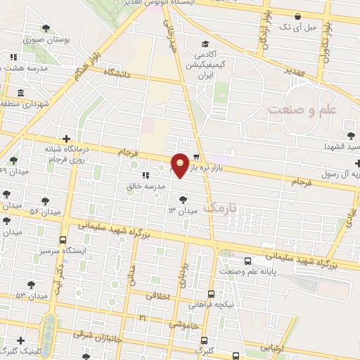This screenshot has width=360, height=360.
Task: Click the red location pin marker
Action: click(181, 165)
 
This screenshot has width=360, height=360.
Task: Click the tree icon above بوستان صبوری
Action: click(46, 29)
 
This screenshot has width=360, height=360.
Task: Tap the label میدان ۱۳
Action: click(180, 210)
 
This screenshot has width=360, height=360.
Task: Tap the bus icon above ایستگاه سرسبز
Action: click(63, 240)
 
